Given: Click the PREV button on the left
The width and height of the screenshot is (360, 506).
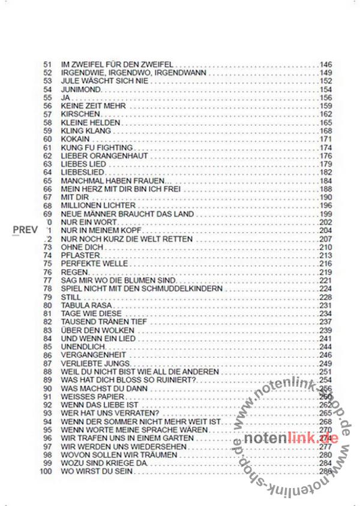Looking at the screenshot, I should coord(26,230).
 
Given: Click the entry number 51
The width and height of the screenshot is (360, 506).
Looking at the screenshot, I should coord(49,64).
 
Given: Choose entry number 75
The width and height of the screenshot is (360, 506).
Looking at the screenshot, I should coord(49,263).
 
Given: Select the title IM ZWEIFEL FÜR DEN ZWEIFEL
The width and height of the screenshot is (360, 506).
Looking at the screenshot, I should coord(118,64).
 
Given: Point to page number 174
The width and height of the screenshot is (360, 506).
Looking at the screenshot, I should coord(326,147).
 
